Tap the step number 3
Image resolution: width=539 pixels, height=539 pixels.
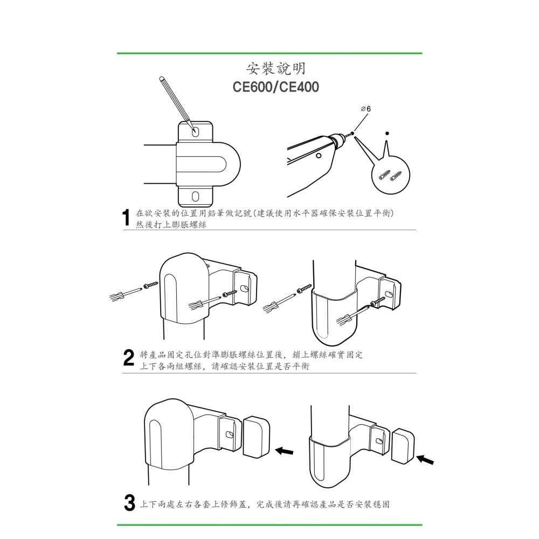129,504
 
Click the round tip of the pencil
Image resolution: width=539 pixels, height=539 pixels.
162,79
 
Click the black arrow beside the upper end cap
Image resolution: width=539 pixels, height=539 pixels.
284,450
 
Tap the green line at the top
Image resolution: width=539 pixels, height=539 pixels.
269,53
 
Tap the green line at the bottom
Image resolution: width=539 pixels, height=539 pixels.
269,524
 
